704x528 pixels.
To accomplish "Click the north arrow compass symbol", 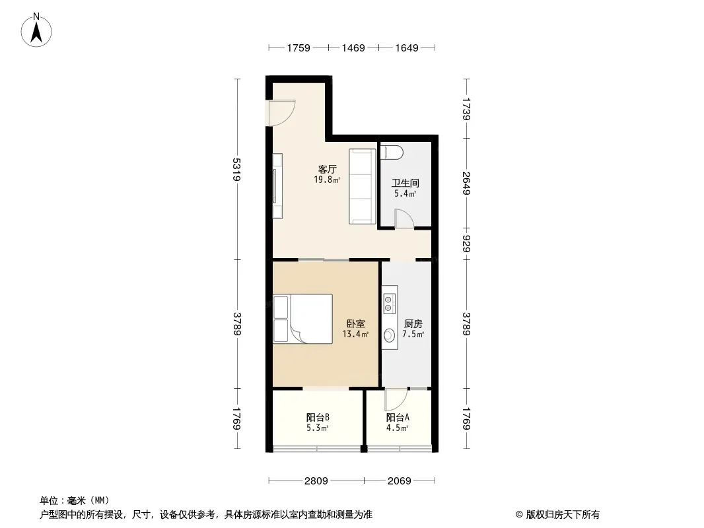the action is [x=36, y=30].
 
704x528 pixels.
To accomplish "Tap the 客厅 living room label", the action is [x=328, y=169].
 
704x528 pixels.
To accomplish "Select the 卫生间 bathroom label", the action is [x=405, y=183].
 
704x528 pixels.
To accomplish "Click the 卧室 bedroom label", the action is [x=355, y=323].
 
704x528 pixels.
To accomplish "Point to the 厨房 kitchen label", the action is [x=413, y=323].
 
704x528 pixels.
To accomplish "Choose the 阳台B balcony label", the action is [x=318, y=417].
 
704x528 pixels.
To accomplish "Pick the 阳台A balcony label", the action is [x=398, y=417].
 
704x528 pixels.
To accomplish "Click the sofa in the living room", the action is [x=363, y=186].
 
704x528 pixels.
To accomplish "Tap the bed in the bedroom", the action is [x=303, y=319].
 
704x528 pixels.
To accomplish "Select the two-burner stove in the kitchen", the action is [x=389, y=303].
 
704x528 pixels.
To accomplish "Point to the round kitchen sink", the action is [x=389, y=335].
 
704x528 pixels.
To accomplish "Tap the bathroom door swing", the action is [x=404, y=219].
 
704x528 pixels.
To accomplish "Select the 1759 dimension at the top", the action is [x=299, y=48].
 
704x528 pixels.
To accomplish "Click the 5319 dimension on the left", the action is [x=237, y=169].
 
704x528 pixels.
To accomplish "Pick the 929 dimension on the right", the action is [x=466, y=244].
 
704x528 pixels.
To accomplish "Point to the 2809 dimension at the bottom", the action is [x=316, y=481].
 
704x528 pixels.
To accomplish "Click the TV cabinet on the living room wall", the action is [x=277, y=186].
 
